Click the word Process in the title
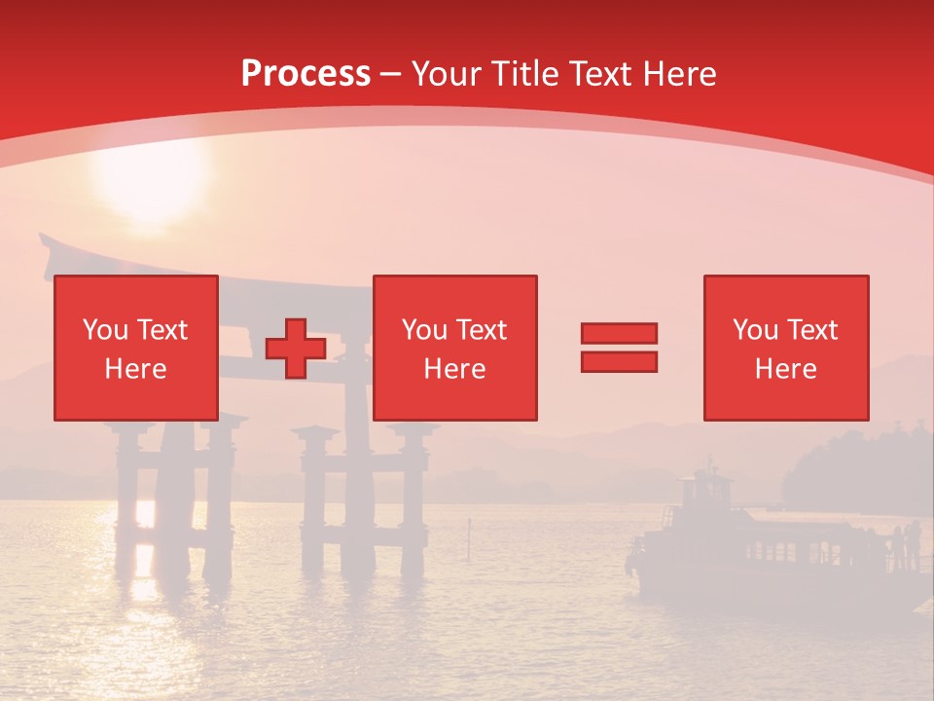coord(305,74)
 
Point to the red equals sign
coord(619,348)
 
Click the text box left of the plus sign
coord(136,348)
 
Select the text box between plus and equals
coord(455,348)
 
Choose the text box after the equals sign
coord(786,348)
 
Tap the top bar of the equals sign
coord(619,334)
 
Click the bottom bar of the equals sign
coord(619,362)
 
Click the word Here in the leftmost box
coord(136,369)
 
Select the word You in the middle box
coord(424,330)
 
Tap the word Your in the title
coord(447,74)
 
